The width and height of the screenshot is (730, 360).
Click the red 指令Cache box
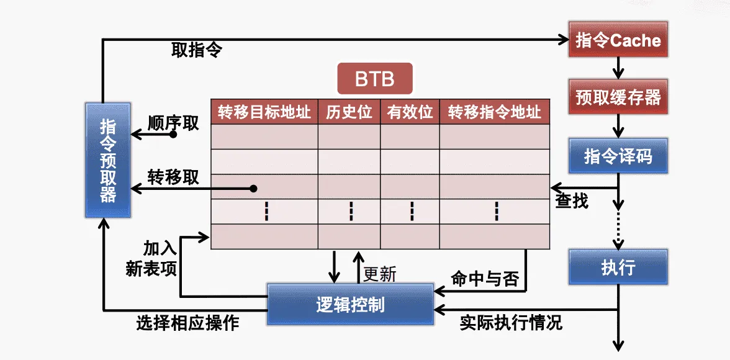tap(618, 41)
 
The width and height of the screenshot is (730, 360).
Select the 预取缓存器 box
tap(618, 97)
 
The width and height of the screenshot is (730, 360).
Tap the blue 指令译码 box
tap(618, 156)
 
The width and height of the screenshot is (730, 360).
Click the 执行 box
tap(618, 268)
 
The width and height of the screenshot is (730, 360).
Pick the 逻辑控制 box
tap(350, 304)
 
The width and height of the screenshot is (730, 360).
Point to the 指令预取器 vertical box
tap(107, 160)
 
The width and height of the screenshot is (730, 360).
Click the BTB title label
tap(374, 79)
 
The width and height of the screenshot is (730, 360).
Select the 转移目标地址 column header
tap(264, 112)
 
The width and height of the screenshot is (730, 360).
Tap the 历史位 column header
tap(349, 112)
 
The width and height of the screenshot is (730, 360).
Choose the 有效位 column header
tap(410, 112)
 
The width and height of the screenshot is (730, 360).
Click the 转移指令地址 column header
tap(495, 112)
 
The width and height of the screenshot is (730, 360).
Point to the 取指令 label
tap(197, 50)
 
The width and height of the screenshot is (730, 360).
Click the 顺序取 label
tap(174, 123)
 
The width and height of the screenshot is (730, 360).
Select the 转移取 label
tap(174, 177)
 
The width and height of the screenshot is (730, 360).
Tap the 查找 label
tap(571, 201)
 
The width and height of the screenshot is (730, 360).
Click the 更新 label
tap(379, 274)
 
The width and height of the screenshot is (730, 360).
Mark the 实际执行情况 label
tap(511, 322)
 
